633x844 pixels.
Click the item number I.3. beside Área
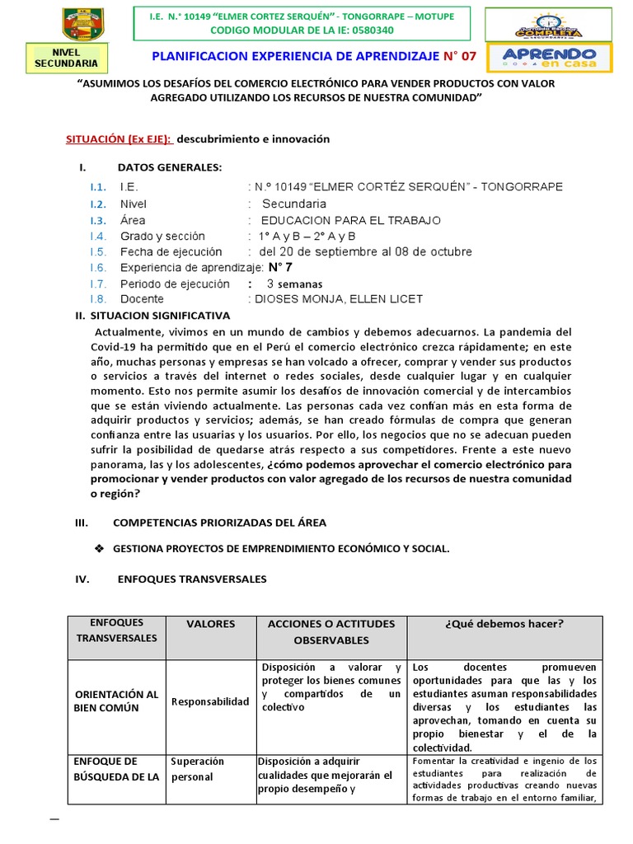[99, 220]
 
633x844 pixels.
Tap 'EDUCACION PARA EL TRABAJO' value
[350, 220]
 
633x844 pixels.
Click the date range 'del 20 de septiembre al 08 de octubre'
[365, 251]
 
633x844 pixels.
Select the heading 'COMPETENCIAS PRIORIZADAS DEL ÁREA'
[219, 523]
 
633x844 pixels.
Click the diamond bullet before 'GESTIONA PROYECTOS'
[100, 548]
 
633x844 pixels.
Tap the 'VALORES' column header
[210, 624]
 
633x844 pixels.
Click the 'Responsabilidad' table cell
[210, 701]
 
